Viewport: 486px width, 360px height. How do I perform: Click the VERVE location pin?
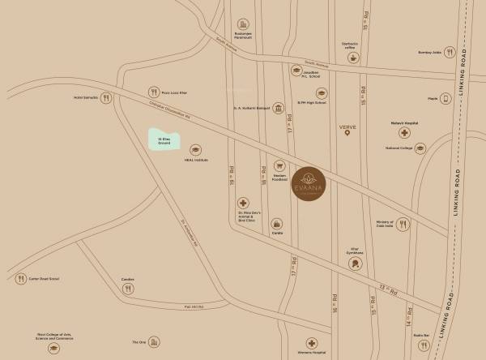(347, 134)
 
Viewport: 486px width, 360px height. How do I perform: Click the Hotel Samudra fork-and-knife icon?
(104, 97)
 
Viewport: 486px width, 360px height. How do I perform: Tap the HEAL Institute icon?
(195, 150)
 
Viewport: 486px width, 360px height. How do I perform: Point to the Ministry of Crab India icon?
(403, 225)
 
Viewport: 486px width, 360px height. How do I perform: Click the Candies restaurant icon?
(127, 289)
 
